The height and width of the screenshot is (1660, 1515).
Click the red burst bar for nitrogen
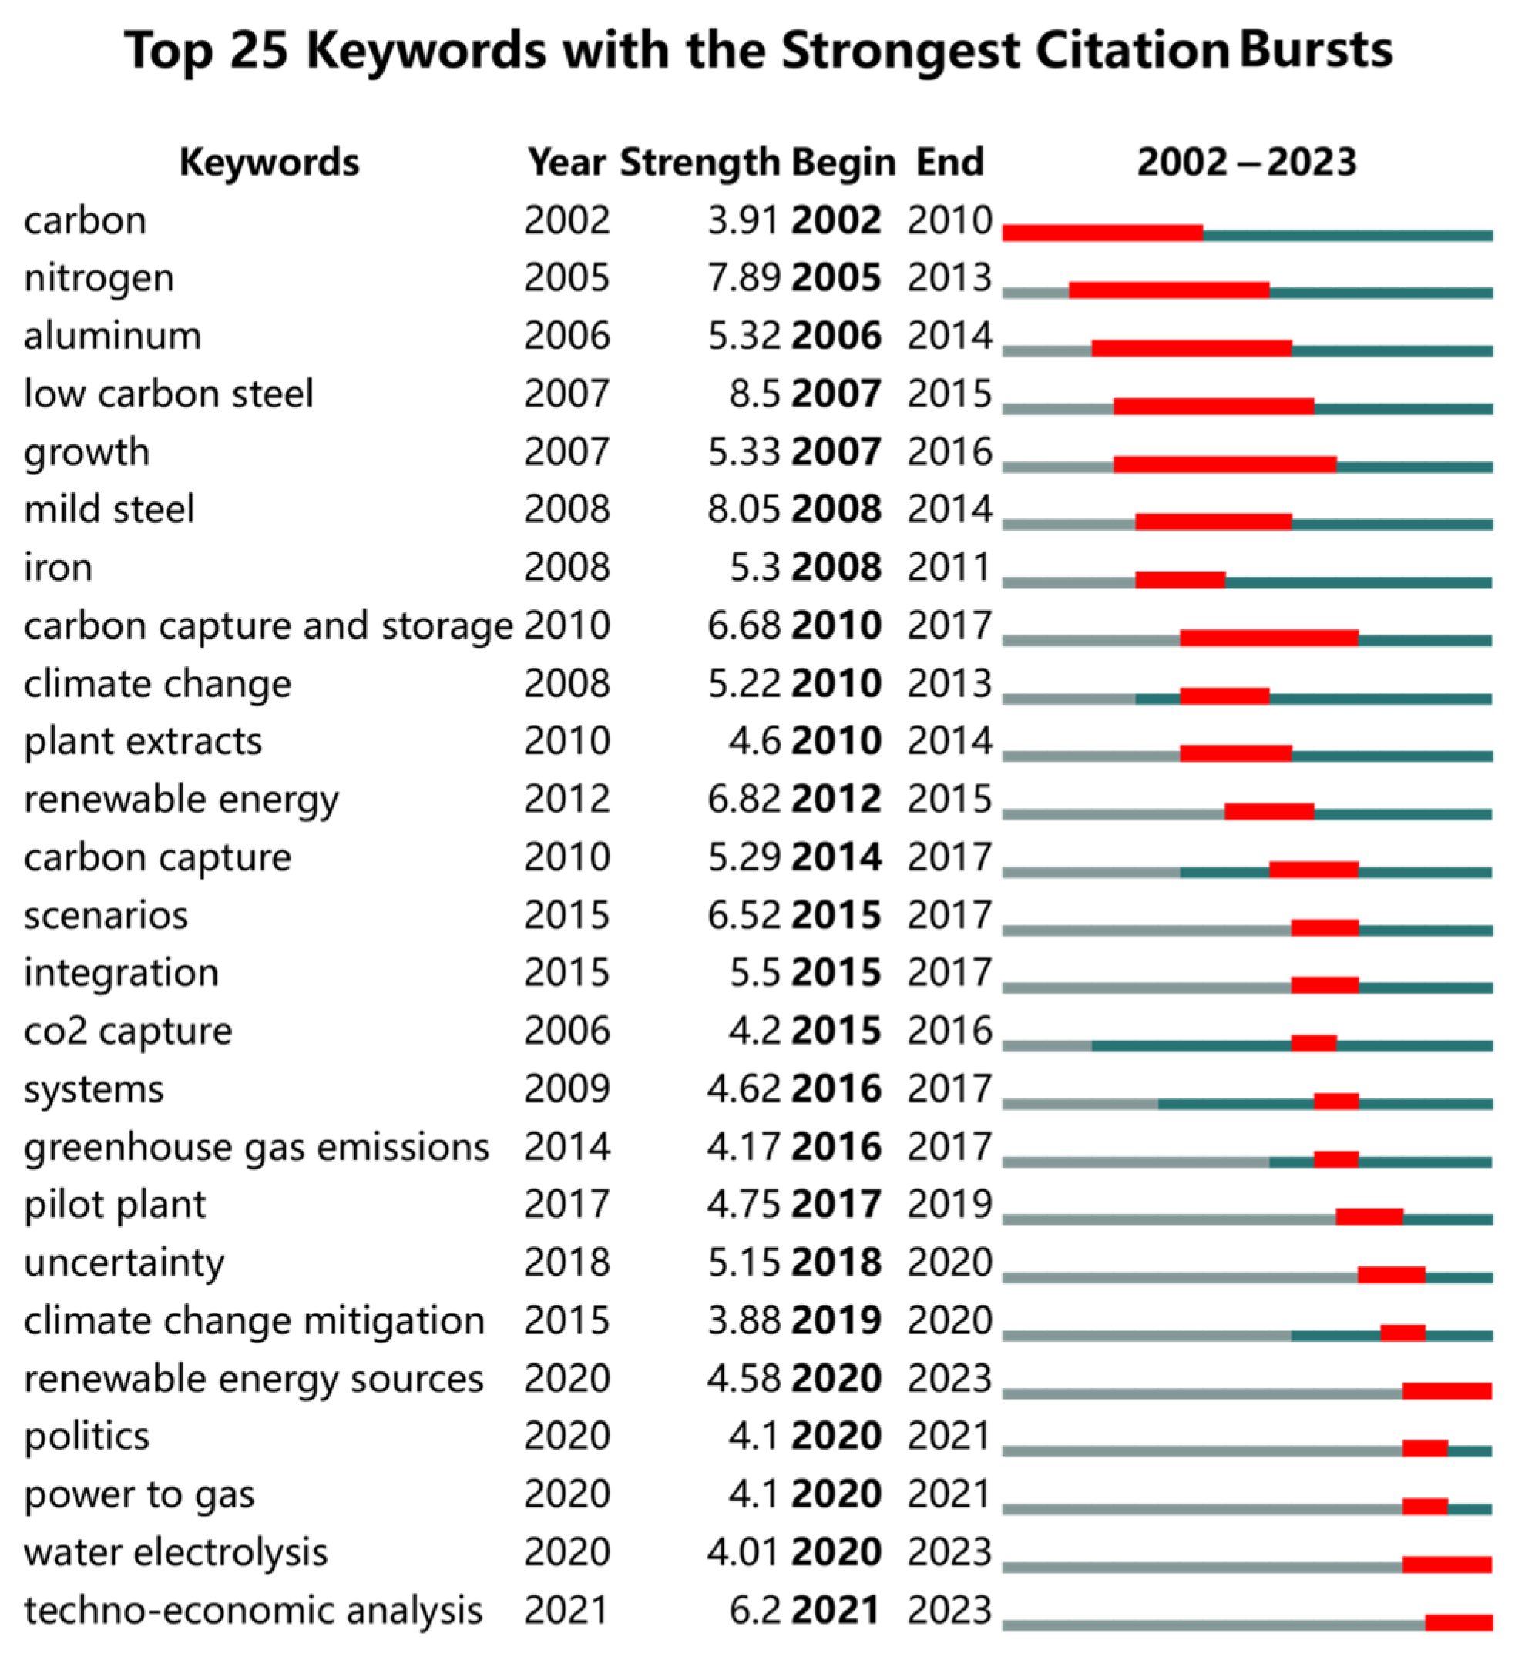coord(1168,290)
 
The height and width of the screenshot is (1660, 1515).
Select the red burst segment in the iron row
coord(1180,580)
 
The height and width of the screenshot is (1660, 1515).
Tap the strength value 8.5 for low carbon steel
coord(754,394)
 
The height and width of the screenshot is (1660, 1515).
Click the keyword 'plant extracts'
coord(143,742)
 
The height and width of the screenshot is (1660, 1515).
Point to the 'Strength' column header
coord(700,163)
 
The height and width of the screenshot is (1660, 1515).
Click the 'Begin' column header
coord(843,163)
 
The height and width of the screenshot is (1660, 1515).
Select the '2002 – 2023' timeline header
coord(1245,163)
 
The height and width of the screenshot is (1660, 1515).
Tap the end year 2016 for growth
coord(949,452)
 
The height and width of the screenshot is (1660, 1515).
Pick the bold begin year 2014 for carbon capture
coord(836,858)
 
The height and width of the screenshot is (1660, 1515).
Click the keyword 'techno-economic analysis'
coord(252,1611)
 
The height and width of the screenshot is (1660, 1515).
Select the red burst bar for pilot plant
coord(1369,1217)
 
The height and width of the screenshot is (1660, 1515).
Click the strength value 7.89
coord(743,278)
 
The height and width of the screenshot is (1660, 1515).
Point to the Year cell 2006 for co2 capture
coord(567,1031)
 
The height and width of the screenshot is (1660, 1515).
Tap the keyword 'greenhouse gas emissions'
coord(256,1148)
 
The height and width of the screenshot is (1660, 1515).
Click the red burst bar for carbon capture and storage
coord(1268,638)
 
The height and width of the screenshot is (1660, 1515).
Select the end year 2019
coord(949,1206)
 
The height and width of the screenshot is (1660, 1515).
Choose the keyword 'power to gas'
coord(139,1495)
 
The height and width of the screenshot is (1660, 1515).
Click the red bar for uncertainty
coord(1391,1275)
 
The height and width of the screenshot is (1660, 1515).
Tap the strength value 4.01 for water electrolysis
coord(743,1553)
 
